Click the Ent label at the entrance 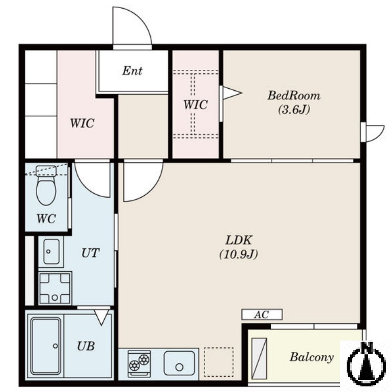[x=132, y=70]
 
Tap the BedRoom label [x=294, y=96]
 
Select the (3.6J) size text [x=294, y=110]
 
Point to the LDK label [x=239, y=240]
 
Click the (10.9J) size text [x=239, y=254]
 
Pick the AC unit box [x=262, y=315]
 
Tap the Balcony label [x=312, y=357]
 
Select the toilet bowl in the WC [x=46, y=186]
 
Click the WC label [x=46, y=219]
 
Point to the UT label [x=91, y=253]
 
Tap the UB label [x=86, y=346]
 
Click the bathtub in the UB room [x=46, y=346]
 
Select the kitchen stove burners [x=139, y=363]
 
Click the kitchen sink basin [x=179, y=363]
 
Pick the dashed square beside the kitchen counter [x=219, y=362]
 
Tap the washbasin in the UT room [x=51, y=252]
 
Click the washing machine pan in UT [x=55, y=288]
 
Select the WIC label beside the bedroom [x=195, y=104]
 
